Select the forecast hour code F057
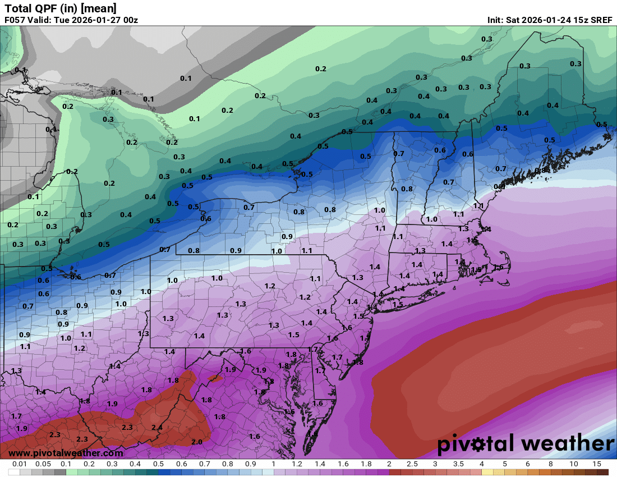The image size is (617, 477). click(16, 20)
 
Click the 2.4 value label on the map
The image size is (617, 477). click(157, 428)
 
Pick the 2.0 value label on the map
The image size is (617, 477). click(196, 442)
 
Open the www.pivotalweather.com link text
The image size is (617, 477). click(66, 453)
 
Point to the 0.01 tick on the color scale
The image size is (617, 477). click(20, 464)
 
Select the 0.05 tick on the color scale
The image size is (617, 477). click(43, 464)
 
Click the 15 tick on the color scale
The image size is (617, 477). click(596, 464)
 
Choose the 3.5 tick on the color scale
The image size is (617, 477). click(458, 464)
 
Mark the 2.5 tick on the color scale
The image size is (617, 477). click(412, 464)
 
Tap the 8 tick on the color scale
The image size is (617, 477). click(550, 464)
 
